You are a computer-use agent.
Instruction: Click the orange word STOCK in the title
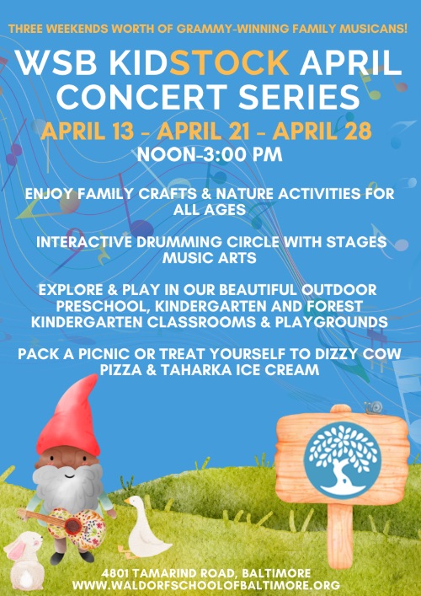[x=229, y=62]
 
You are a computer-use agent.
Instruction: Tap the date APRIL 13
[x=88, y=132]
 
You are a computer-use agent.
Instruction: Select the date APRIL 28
[x=322, y=132]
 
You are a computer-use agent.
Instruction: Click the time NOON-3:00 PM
[x=210, y=155]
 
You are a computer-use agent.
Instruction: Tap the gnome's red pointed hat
[x=71, y=418]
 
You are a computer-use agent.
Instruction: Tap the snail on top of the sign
[x=374, y=407]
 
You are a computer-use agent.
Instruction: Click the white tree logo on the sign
[x=343, y=460]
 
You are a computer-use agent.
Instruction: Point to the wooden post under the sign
[x=340, y=535]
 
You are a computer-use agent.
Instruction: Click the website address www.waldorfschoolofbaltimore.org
[x=206, y=584]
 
